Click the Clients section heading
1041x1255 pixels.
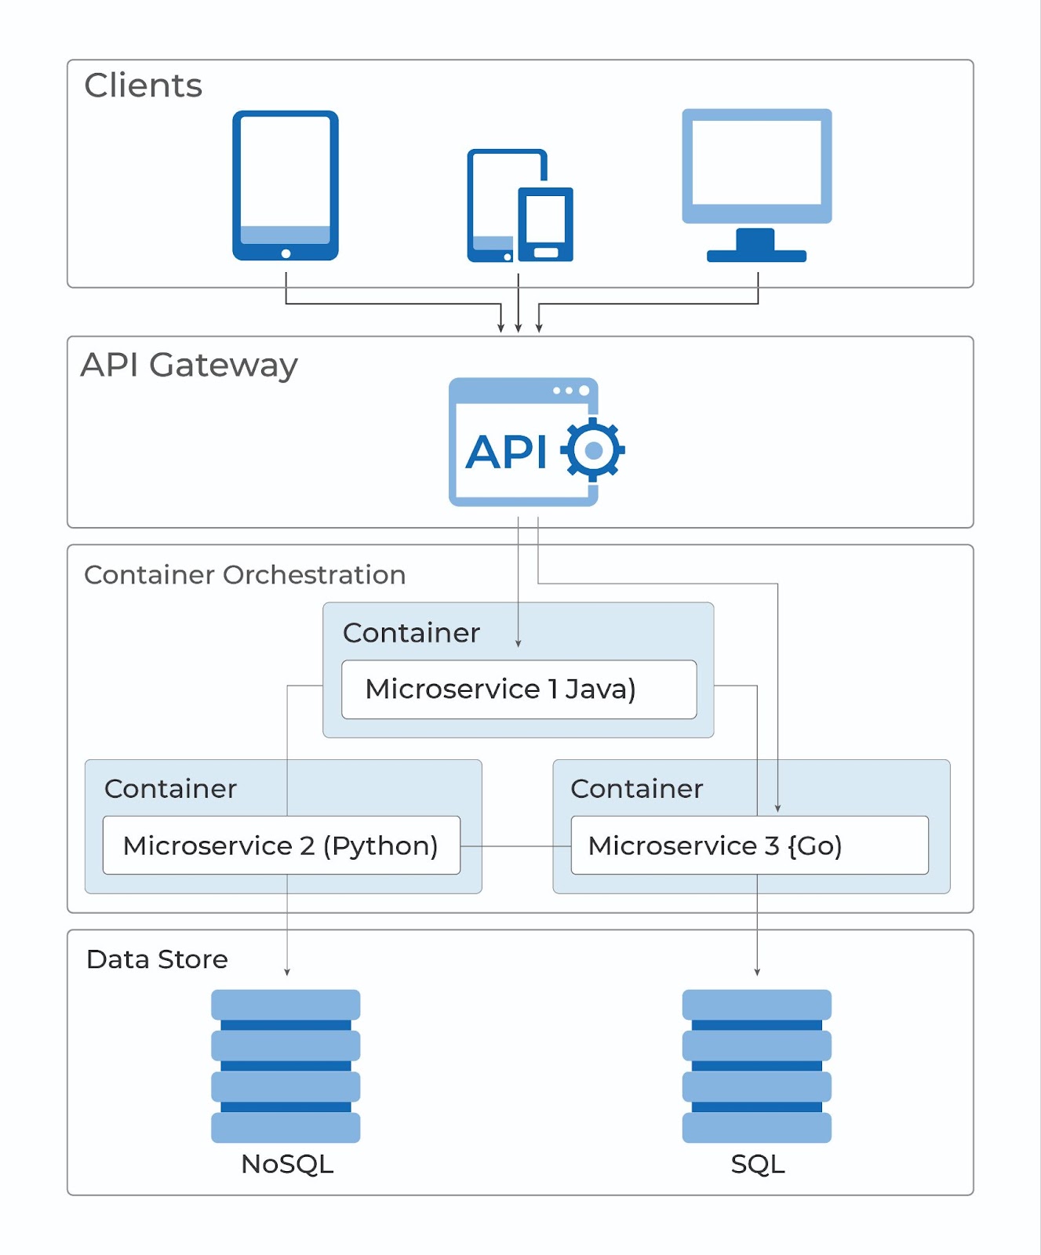(x=144, y=85)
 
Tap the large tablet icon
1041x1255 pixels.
(x=285, y=185)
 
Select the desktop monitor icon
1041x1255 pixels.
(x=756, y=184)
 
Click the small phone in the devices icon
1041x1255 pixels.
(x=545, y=224)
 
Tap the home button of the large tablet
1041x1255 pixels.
(x=286, y=253)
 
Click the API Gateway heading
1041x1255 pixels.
(x=189, y=365)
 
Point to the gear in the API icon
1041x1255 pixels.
(x=594, y=450)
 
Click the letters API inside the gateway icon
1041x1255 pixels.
(x=506, y=453)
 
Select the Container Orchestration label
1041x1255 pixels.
(x=245, y=575)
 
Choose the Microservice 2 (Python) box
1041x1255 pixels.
(x=281, y=846)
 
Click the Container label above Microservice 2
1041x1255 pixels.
(x=170, y=788)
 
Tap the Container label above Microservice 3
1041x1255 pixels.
(x=636, y=788)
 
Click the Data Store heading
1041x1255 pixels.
(x=157, y=959)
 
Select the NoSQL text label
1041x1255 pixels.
(x=287, y=1164)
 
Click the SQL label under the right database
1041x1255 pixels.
(x=757, y=1164)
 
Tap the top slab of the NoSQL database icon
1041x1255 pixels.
(x=286, y=1005)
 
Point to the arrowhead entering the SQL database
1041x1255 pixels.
(x=757, y=972)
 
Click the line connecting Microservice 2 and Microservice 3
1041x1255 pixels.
(x=515, y=846)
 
